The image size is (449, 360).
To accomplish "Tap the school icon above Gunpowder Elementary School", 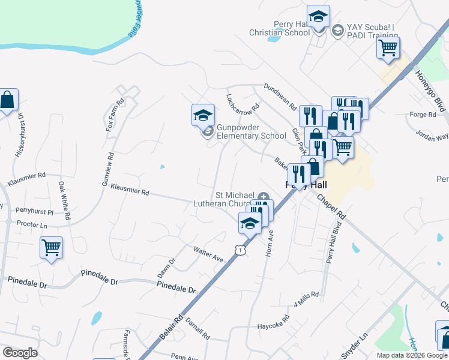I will click(x=203, y=114).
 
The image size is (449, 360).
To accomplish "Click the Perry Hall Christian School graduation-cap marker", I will click(x=318, y=16).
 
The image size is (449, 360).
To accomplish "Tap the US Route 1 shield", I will click(x=240, y=250).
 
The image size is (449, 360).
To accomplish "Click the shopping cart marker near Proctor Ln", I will click(x=51, y=247).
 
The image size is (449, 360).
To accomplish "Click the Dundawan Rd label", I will click(x=280, y=97).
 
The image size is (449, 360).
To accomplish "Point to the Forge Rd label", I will click(x=423, y=115).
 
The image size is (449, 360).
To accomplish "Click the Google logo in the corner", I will click(x=20, y=353).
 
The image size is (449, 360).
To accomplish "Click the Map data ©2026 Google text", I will click(x=412, y=355).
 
